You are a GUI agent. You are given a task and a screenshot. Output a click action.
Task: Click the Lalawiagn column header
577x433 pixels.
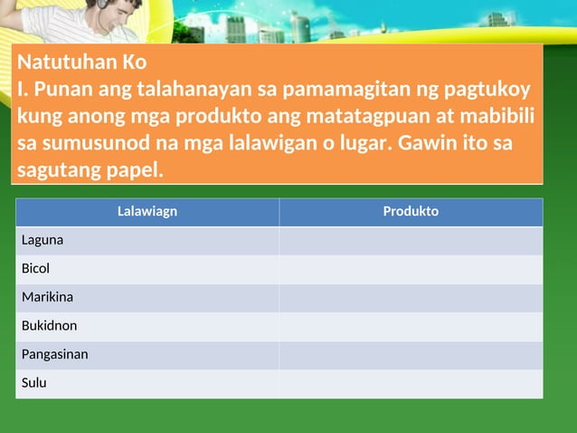(147, 211)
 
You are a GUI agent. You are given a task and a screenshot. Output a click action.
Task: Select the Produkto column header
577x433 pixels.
(411, 211)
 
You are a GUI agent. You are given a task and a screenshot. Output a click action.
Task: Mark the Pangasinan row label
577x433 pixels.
(55, 354)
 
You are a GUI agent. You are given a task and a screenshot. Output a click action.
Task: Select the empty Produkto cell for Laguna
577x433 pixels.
(411, 240)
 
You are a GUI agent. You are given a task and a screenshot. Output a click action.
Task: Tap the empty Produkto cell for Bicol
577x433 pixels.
(411, 269)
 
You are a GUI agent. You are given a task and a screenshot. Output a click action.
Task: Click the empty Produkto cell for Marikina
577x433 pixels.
(411, 297)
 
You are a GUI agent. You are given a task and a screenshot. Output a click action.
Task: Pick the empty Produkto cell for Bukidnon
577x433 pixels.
(411, 325)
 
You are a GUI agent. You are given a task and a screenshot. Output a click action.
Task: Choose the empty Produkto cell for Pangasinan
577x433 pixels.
(411, 354)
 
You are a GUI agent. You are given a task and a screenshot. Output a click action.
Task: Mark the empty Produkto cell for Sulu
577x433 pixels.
(411, 382)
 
